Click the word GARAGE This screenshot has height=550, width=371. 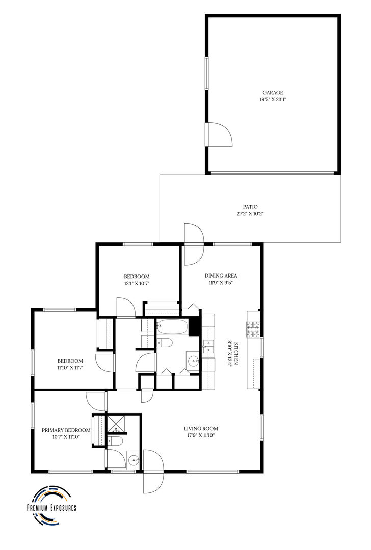[273, 93]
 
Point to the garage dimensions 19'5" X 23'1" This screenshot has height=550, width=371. [273, 99]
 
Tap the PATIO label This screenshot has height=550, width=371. [250, 207]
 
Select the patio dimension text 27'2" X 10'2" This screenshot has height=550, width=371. [250, 213]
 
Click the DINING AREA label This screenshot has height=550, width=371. [221, 276]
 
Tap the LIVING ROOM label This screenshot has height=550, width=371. [201, 429]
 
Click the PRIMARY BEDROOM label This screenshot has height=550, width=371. [66, 430]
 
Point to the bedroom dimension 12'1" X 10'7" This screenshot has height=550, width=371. [137, 283]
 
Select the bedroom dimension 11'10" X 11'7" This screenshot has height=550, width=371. [70, 367]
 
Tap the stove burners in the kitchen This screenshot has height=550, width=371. [253, 329]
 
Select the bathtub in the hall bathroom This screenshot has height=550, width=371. [172, 327]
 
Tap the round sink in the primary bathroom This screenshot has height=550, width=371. [133, 460]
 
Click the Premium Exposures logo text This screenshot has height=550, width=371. [51, 508]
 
